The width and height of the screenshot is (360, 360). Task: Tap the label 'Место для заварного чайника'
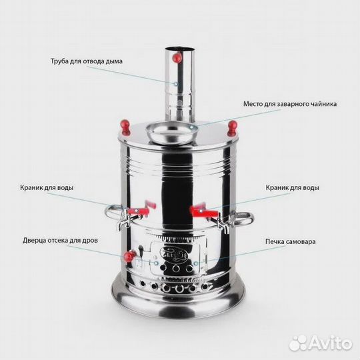(x=289, y=104)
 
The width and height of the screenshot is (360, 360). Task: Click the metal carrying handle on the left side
(x=112, y=215)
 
